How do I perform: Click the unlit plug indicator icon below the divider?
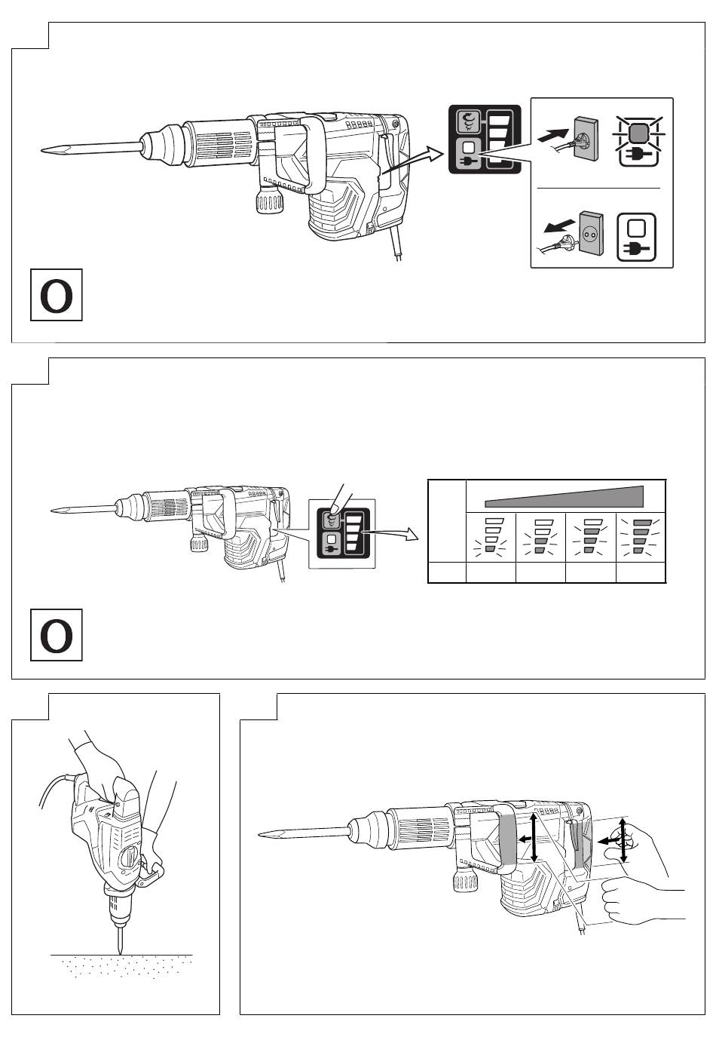(637, 239)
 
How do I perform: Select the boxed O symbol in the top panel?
(57, 296)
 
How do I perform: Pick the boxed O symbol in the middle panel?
(57, 635)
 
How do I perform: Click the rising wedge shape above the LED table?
(565, 495)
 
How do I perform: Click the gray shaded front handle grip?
(506, 840)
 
